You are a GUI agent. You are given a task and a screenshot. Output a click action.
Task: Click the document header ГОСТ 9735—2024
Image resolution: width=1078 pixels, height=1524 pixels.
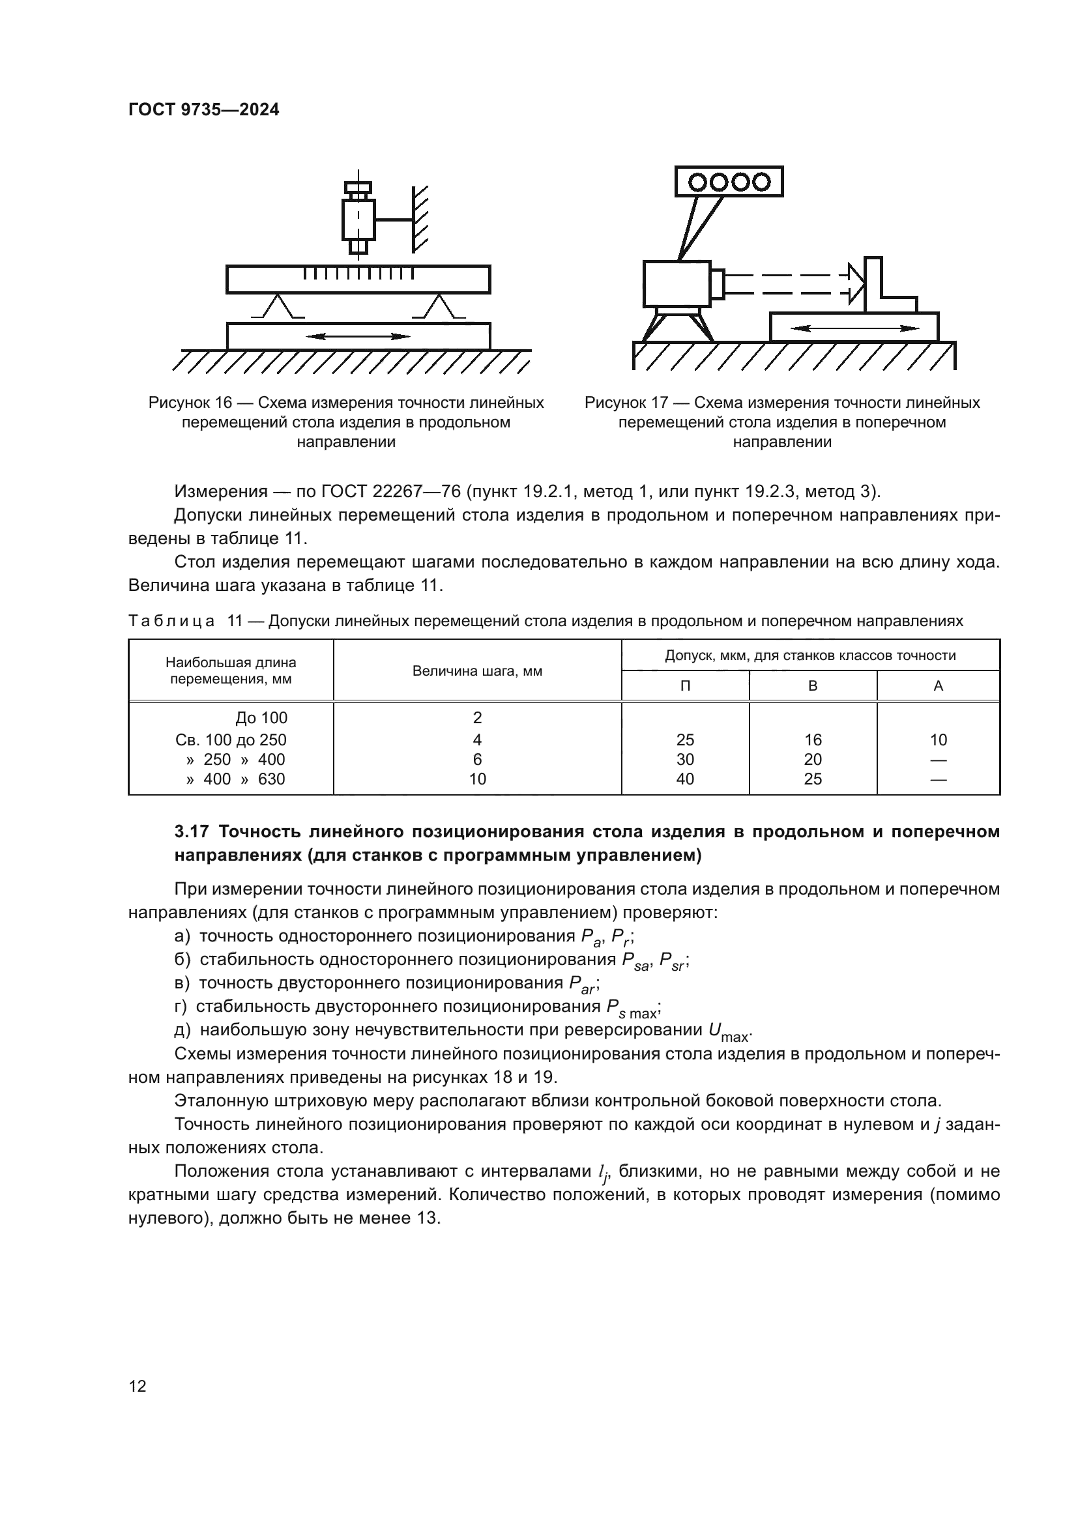click(204, 110)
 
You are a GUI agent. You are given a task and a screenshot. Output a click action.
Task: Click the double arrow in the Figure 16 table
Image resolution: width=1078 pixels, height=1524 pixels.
click(358, 336)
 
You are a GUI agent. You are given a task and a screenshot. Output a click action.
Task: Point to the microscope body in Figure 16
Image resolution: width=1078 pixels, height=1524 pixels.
click(358, 219)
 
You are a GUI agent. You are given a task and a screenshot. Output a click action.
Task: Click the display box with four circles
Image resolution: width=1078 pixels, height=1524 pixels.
click(729, 181)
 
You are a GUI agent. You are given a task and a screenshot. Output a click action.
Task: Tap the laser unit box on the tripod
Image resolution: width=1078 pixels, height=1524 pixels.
click(677, 283)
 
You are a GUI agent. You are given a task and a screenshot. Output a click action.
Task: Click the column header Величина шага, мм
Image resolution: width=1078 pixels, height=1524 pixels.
click(477, 671)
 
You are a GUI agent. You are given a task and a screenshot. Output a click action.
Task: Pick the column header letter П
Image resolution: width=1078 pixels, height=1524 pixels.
click(685, 686)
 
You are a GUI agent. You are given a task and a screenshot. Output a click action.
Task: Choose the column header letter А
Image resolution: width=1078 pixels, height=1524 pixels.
click(938, 686)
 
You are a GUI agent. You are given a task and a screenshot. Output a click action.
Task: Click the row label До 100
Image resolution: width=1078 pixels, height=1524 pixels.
click(261, 717)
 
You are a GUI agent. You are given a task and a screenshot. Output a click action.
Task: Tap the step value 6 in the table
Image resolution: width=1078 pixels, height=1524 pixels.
click(477, 759)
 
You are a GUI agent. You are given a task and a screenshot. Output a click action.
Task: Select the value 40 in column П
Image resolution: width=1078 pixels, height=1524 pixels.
click(685, 779)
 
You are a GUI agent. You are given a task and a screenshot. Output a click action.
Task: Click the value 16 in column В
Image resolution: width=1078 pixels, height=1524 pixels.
click(813, 740)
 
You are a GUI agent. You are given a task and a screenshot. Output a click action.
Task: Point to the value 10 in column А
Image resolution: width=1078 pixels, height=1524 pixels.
click(938, 740)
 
